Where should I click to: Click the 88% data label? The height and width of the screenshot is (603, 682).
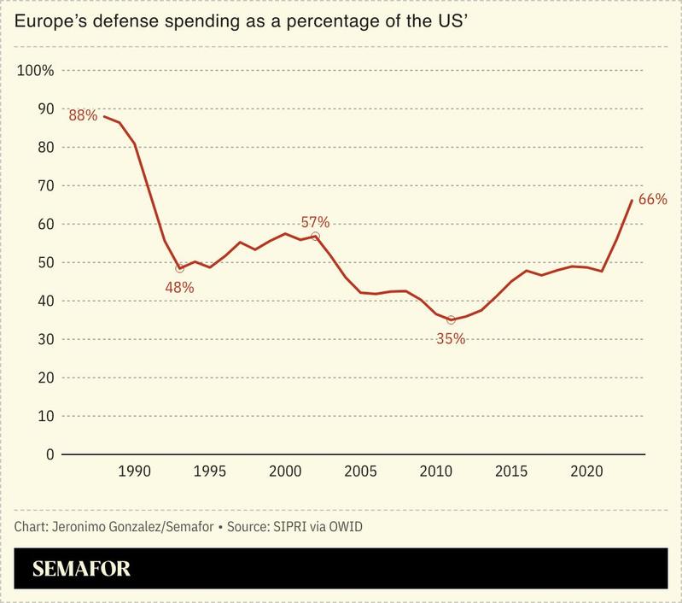click(83, 114)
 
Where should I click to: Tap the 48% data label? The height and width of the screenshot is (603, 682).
click(179, 287)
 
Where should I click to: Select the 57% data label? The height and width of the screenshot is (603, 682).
click(315, 221)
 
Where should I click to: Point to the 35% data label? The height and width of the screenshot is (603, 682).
click(451, 338)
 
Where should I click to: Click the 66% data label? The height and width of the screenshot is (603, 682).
click(652, 199)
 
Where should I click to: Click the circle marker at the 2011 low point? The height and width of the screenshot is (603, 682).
click(451, 319)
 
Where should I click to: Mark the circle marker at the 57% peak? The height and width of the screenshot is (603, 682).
click(315, 236)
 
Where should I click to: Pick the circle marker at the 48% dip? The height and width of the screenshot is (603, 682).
click(179, 268)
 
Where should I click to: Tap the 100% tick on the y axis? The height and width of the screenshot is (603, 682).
click(35, 70)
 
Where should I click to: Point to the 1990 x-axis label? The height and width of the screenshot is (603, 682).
click(134, 472)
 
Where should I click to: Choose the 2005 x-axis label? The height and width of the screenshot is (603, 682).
click(360, 472)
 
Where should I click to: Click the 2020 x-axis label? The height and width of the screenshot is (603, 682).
click(586, 472)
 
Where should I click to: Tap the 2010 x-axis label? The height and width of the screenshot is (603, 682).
click(435, 472)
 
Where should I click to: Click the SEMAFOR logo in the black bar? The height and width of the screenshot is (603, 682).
click(82, 567)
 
